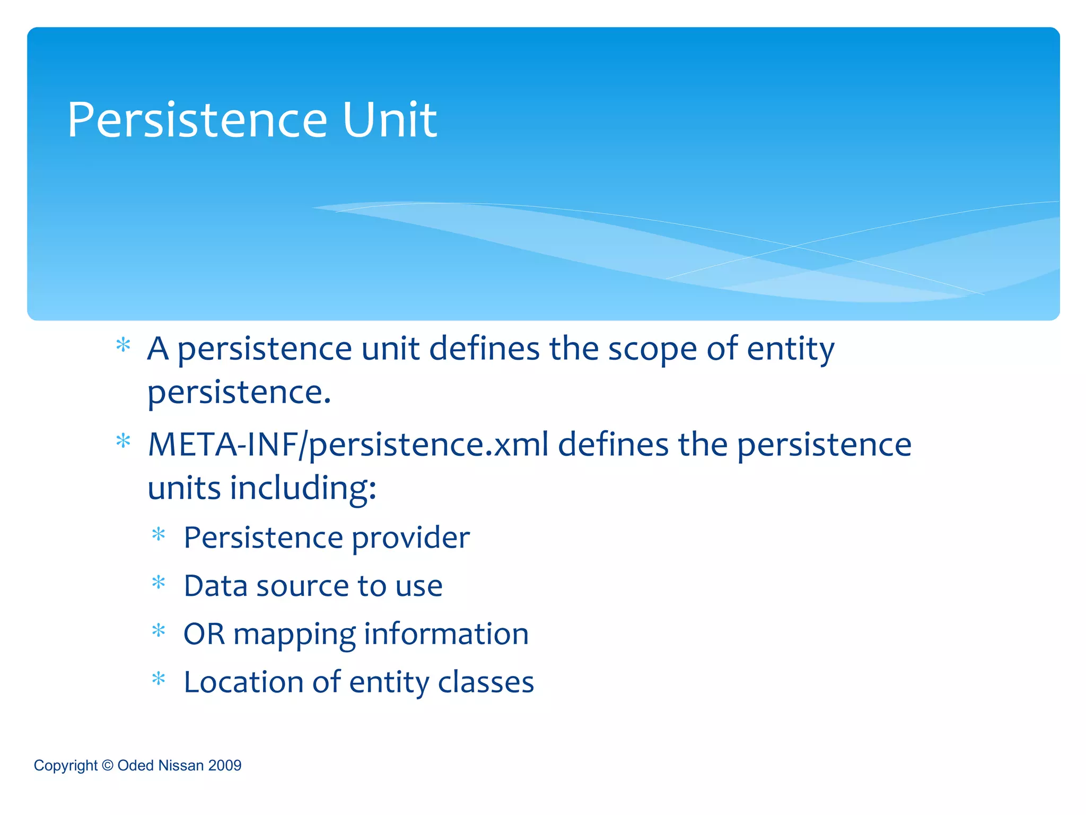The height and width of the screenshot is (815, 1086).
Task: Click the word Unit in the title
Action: point(390,120)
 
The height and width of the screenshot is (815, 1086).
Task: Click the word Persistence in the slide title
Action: point(197,120)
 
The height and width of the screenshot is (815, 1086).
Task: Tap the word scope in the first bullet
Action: point(652,350)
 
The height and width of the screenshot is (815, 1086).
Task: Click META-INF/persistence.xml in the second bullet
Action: point(348,445)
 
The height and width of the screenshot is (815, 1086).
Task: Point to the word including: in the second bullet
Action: point(303,488)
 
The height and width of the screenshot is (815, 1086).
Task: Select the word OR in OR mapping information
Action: point(204,634)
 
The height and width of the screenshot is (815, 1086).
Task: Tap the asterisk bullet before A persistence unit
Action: point(123,345)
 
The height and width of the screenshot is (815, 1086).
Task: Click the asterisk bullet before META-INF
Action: point(123,441)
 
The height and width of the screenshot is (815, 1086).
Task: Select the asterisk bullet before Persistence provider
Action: point(159,534)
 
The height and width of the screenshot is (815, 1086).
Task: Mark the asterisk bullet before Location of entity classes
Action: point(159,679)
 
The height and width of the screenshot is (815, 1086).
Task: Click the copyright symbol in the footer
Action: point(108,765)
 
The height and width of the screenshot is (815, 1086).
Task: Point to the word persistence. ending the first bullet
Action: point(239,394)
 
